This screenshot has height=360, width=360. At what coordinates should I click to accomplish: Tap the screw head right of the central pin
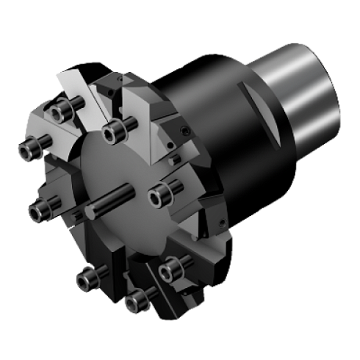[x=162, y=195]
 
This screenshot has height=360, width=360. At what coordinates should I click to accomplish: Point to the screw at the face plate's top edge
[x=113, y=132]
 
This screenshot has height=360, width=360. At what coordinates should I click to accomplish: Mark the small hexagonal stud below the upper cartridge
[x=173, y=158]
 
